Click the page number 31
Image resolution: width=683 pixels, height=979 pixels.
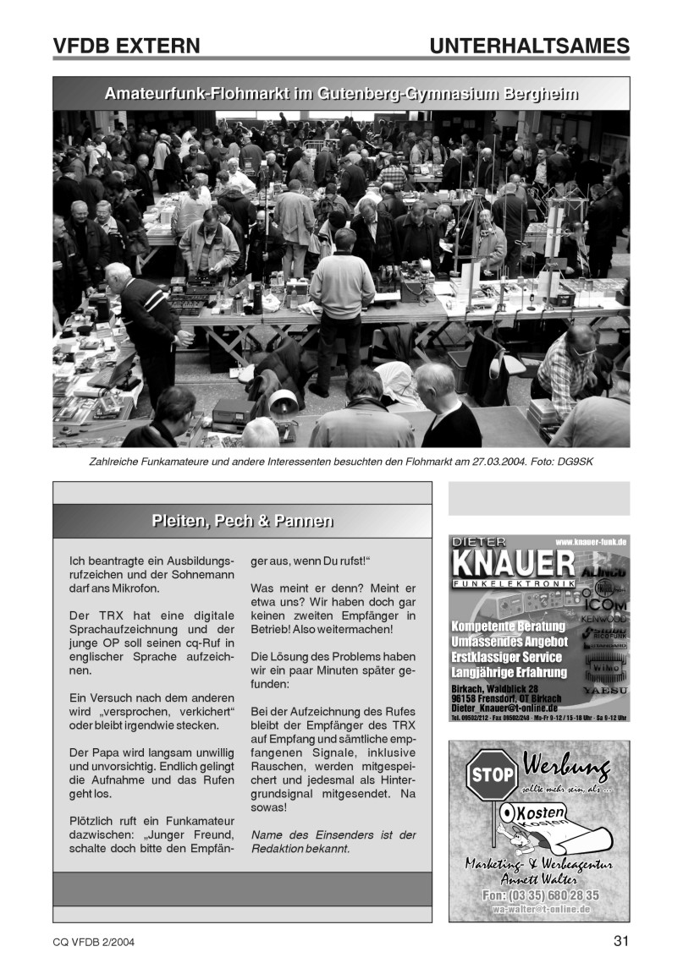621,942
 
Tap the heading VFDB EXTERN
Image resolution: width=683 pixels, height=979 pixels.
126,46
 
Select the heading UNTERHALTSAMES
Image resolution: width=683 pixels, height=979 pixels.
529,46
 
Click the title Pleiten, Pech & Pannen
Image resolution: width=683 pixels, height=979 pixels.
242,521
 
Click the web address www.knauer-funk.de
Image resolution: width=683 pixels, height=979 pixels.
590,540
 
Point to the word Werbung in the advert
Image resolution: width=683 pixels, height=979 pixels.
566,768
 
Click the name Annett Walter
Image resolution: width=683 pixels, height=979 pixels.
537,879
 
